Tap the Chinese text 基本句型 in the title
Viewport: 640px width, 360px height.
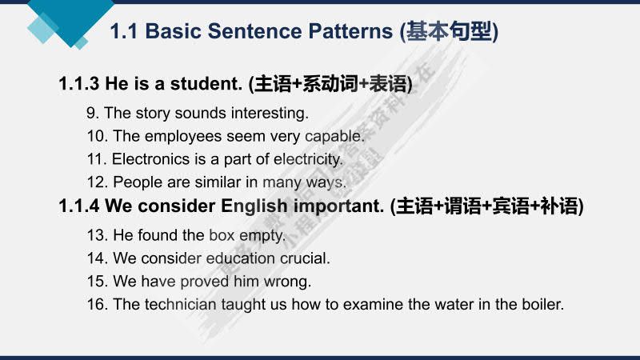450,32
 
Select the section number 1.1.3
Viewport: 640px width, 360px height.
78,84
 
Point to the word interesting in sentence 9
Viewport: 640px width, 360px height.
268,113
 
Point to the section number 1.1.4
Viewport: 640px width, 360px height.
78,206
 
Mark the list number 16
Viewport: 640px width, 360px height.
97,305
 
